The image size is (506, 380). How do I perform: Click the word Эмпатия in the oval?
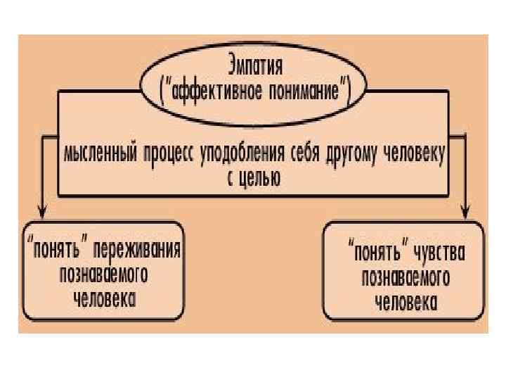click(255, 68)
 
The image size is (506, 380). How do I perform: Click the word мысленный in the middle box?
click(100, 155)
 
